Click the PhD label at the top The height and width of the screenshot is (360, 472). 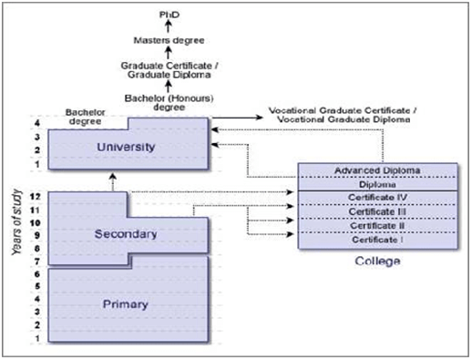[x=165, y=15]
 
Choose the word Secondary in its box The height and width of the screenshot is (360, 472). [x=126, y=234]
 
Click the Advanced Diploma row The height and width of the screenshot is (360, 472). [x=378, y=170]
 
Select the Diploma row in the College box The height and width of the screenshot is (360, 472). [x=378, y=184]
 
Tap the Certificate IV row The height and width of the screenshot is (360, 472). [x=378, y=198]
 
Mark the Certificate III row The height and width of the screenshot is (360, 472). [x=378, y=211]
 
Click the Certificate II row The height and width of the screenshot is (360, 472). [x=378, y=225]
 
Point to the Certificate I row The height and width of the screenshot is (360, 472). [x=378, y=239]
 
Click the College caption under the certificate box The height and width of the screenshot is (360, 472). [x=376, y=262]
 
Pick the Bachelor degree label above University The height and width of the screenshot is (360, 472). [x=89, y=118]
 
